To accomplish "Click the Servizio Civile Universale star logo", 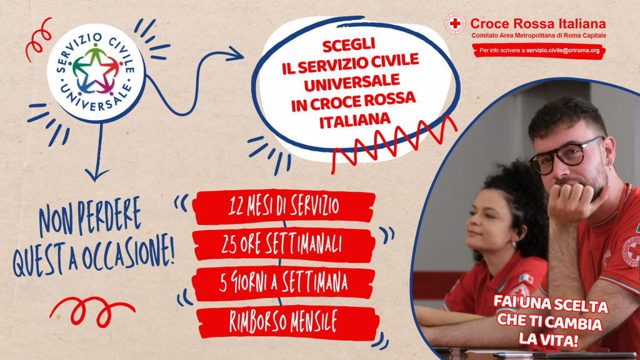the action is pyautogui.click(x=96, y=73).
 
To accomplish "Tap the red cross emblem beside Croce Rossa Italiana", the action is pyautogui.click(x=455, y=24).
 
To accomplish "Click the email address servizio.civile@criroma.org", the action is pyautogui.click(x=562, y=51).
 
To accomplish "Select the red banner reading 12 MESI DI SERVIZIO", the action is pyautogui.click(x=283, y=206).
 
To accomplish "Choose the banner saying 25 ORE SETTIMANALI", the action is pyautogui.click(x=283, y=244).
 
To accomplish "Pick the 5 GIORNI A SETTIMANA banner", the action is pyautogui.click(x=283, y=283).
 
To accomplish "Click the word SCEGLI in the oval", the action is pyautogui.click(x=349, y=45).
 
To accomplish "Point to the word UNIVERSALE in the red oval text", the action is pyautogui.click(x=351, y=83).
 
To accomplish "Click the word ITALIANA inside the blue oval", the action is pyautogui.click(x=355, y=121).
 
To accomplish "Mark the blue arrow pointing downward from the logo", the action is pyautogui.click(x=98, y=151).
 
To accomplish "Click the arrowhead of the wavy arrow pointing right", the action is pyautogui.click(x=236, y=54).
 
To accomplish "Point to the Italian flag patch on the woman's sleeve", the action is pyautogui.click(x=526, y=279).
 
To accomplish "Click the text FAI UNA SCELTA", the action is pyautogui.click(x=551, y=304).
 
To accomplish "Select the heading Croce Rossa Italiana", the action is pyautogui.click(x=538, y=24).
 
